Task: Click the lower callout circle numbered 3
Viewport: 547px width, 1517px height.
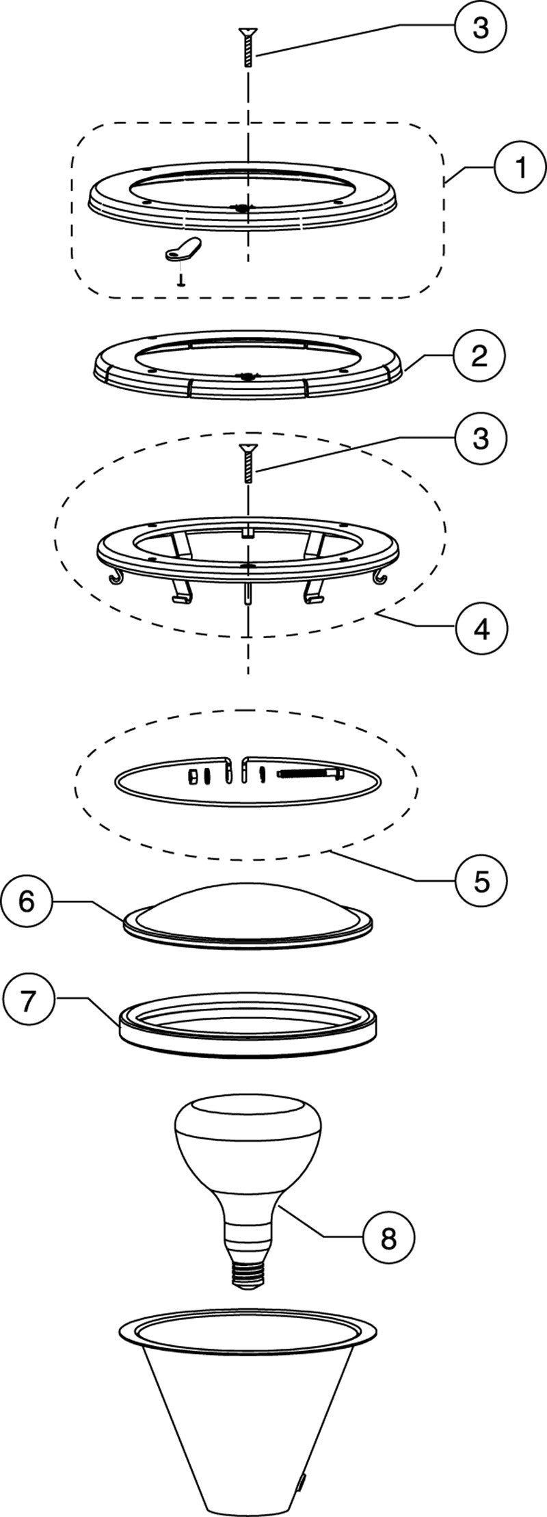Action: click(x=481, y=438)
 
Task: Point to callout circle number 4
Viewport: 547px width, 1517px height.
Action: click(x=481, y=629)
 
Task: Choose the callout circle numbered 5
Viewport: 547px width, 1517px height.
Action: click(x=481, y=880)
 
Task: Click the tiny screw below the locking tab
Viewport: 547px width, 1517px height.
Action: click(x=180, y=280)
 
